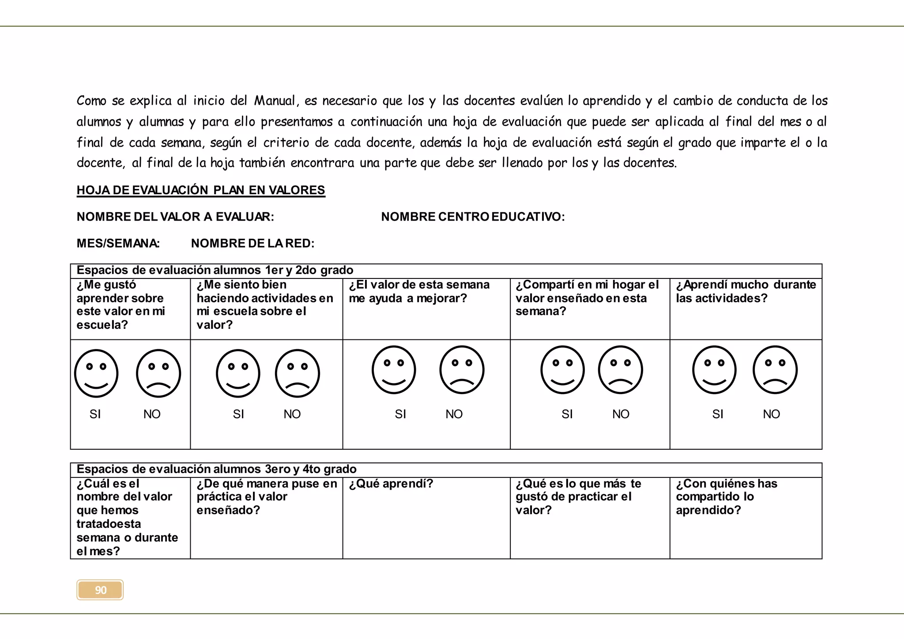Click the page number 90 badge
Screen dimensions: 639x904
[100, 590]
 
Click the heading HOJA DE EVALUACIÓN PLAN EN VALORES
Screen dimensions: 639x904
[201, 190]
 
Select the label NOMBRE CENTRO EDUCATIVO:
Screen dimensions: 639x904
[473, 217]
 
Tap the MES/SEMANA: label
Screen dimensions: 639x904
[118, 243]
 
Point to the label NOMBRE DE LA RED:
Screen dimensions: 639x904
[252, 243]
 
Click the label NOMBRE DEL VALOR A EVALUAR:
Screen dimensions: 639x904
[175, 217]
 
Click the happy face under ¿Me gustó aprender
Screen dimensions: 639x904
[96, 373]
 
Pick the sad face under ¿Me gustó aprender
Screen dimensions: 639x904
[158, 373]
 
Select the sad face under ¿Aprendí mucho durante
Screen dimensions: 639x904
[775, 370]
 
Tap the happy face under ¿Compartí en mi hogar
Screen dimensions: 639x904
[562, 370]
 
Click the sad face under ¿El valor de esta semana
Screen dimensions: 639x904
[462, 370]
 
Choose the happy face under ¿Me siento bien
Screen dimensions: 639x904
[238, 373]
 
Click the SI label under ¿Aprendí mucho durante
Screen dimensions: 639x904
[718, 414]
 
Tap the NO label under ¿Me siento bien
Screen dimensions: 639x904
[292, 414]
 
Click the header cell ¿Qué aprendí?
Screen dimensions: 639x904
[391, 484]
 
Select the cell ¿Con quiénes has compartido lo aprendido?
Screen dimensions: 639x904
[727, 497]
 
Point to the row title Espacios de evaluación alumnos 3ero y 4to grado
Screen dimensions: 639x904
[216, 469]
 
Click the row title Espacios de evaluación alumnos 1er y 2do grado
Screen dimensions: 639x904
[215, 270]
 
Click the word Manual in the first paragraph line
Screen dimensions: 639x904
[274, 101]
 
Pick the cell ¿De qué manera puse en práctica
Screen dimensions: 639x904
[266, 497]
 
